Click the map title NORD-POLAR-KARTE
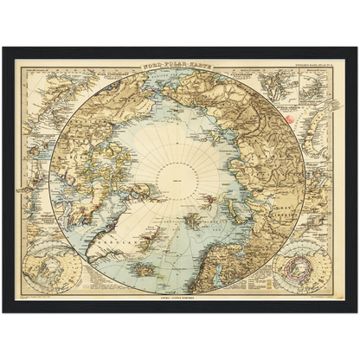click(x=180, y=66)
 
